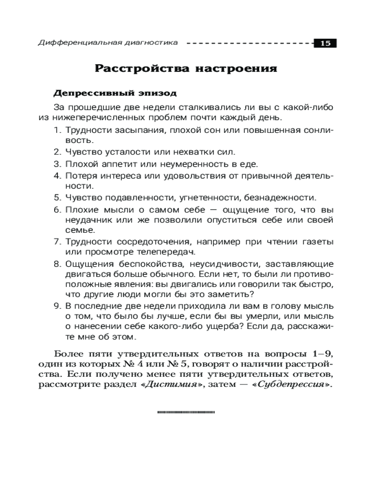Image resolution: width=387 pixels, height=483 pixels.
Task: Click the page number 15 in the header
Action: (x=325, y=43)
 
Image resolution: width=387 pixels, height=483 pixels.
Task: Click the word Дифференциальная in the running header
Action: (x=73, y=43)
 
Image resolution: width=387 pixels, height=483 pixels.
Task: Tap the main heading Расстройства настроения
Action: (x=186, y=68)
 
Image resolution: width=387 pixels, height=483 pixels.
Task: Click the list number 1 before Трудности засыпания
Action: (x=56, y=130)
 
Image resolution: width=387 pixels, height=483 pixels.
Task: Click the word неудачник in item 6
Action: (x=89, y=220)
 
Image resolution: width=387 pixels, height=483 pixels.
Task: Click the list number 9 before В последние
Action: (x=56, y=306)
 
